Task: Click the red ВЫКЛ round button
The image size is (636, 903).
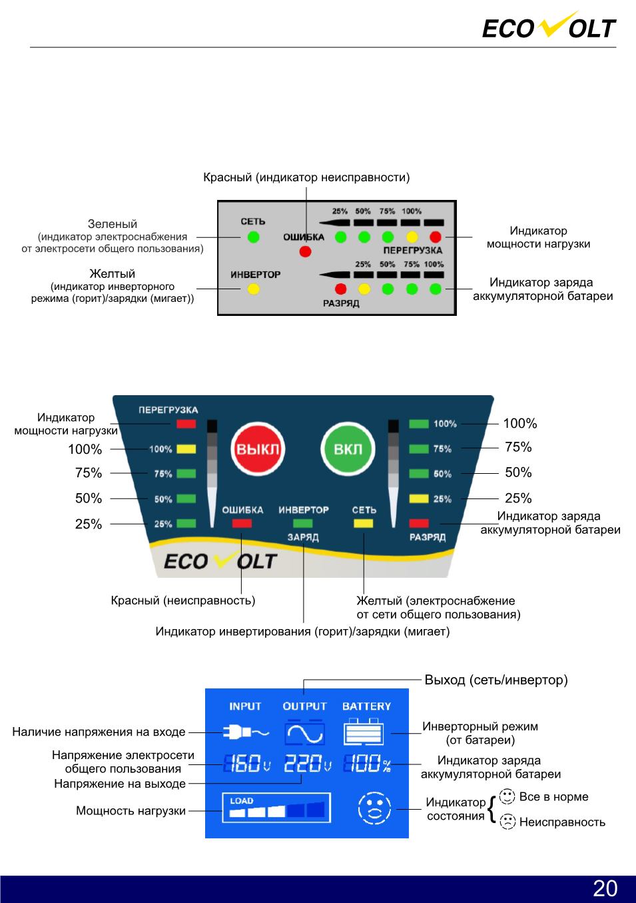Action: pyautogui.click(x=258, y=449)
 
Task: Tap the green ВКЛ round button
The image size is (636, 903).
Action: pyautogui.click(x=348, y=449)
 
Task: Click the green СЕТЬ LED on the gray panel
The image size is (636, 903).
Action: pyautogui.click(x=253, y=237)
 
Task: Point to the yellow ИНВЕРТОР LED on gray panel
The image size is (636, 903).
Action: pyautogui.click(x=253, y=289)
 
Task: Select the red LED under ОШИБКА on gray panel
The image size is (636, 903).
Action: pyautogui.click(x=305, y=251)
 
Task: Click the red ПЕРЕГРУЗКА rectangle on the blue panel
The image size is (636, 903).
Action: pyautogui.click(x=186, y=424)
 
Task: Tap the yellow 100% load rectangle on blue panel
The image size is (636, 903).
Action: pyautogui.click(x=186, y=449)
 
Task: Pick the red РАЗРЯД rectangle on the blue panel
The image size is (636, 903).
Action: pyautogui.click(x=419, y=523)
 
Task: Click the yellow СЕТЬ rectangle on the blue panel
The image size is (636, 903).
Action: pyautogui.click(x=364, y=523)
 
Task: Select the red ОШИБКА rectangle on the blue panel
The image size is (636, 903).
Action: pyautogui.click(x=242, y=523)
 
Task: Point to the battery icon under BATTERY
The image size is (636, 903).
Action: pyautogui.click(x=364, y=731)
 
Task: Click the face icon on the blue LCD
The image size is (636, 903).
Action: pyautogui.click(x=374, y=808)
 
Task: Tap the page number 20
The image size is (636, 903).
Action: pyautogui.click(x=605, y=888)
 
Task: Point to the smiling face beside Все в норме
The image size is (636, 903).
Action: pyautogui.click(x=507, y=796)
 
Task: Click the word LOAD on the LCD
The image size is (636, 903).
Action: pyautogui.click(x=242, y=800)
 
